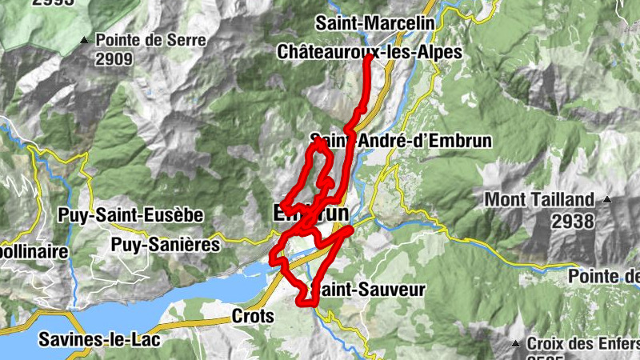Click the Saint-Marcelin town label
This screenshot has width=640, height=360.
pos(374,24)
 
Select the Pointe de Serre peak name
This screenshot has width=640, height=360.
pos(151,39)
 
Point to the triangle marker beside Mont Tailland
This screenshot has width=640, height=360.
pos(608,199)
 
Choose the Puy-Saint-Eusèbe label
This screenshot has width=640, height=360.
pos(130,216)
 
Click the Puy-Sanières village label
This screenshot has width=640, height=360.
pos(166,244)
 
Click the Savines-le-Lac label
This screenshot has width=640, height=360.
pos(100,339)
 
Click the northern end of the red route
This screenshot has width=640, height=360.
pos(370,56)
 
